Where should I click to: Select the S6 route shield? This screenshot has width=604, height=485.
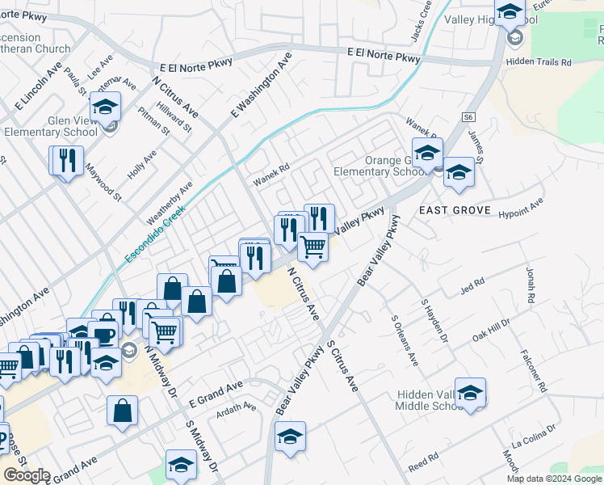(468, 117)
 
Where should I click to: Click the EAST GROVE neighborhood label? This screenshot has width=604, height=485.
(455, 210)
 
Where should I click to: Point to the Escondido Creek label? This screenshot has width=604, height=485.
(155, 233)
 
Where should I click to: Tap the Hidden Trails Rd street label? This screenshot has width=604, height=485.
(539, 62)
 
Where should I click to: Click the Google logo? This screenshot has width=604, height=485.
(27, 475)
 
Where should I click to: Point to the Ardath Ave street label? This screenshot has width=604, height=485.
(235, 412)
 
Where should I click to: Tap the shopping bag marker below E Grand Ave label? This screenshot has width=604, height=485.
(122, 410)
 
